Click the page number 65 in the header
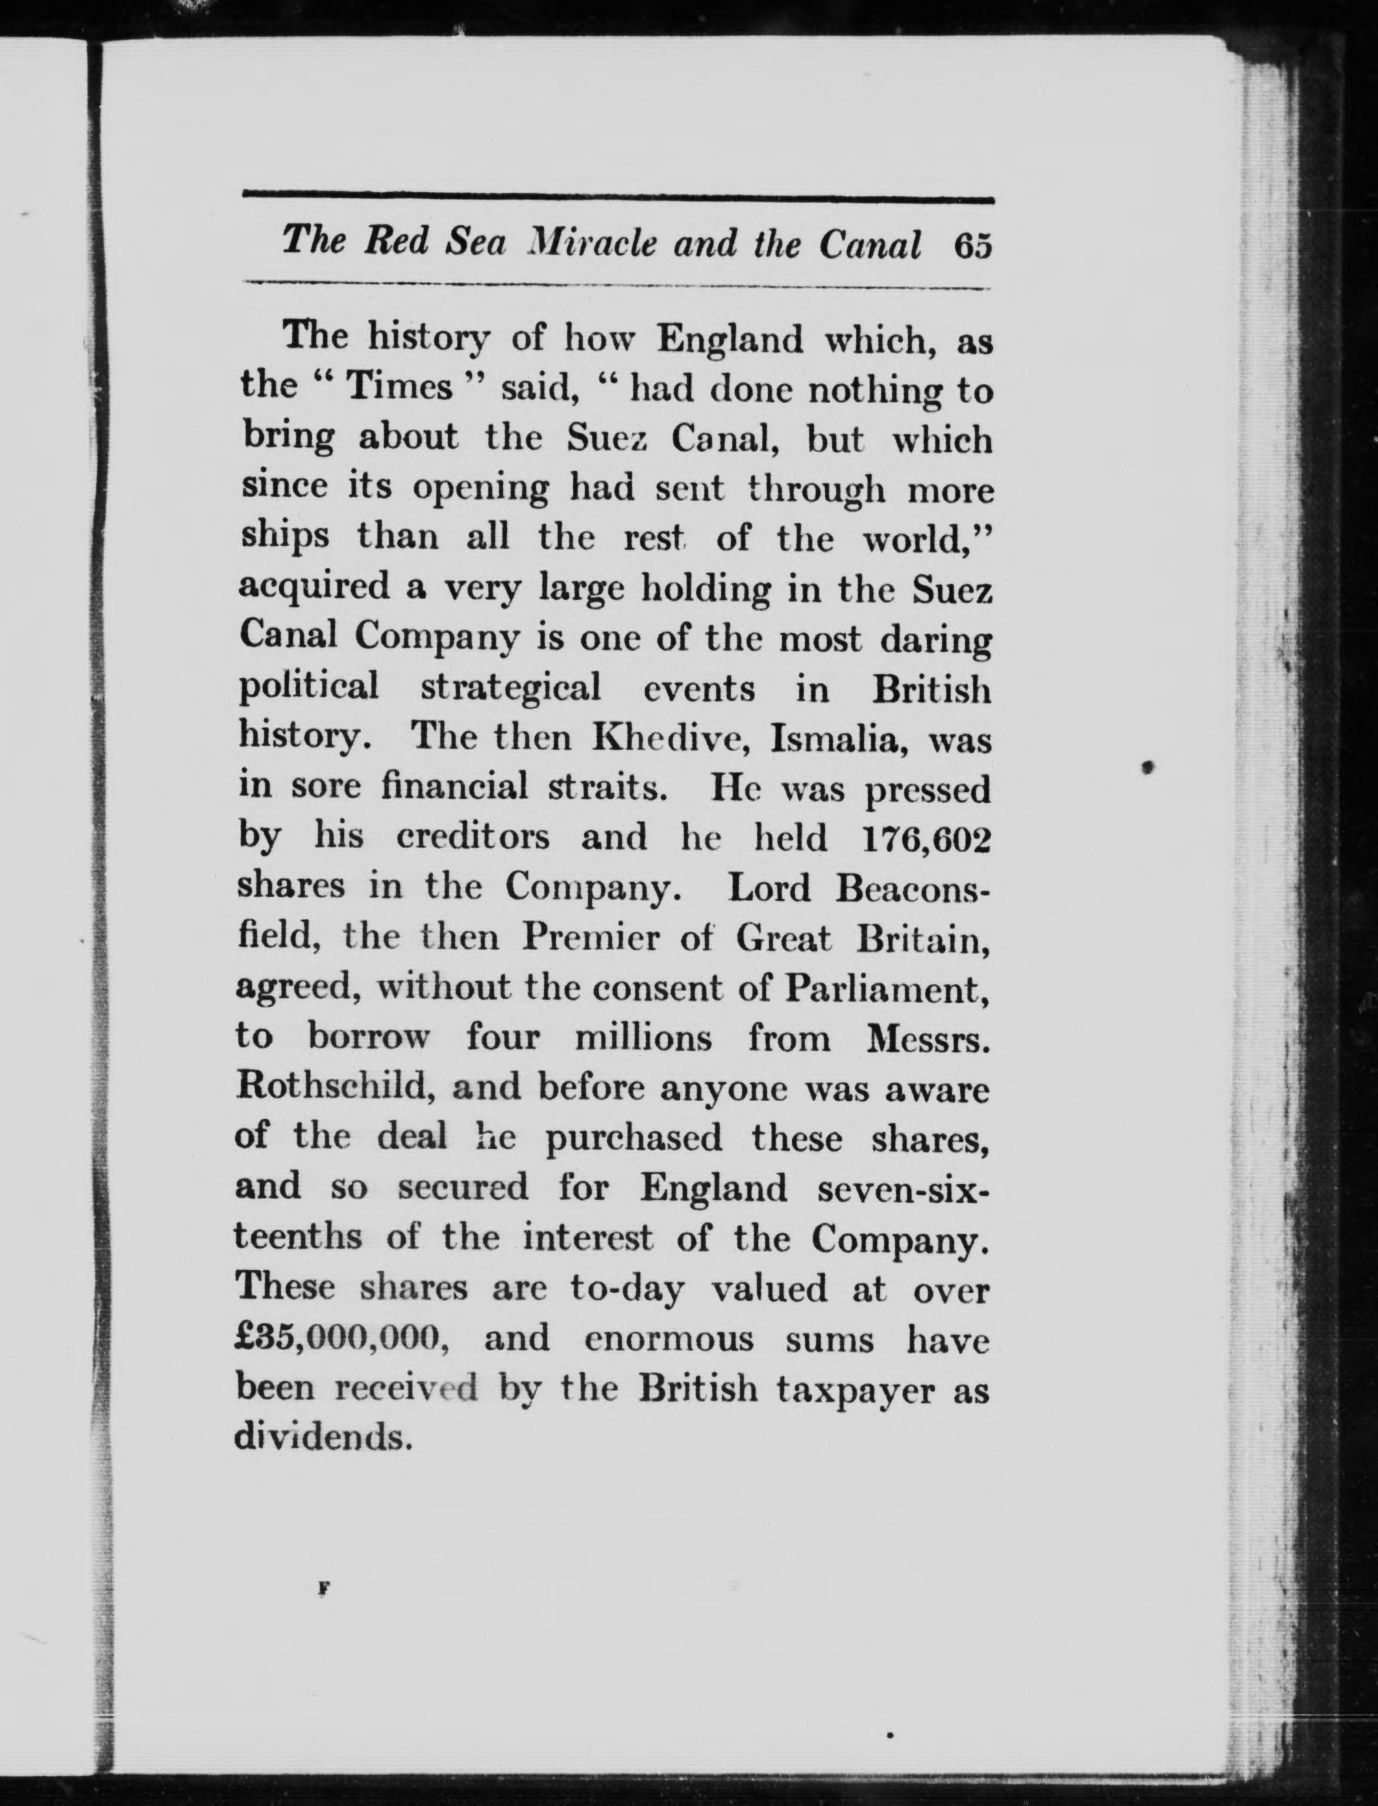pyautogui.click(x=973, y=245)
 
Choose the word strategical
pyautogui.click(x=510, y=688)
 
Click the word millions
pyautogui.click(x=643, y=1037)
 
